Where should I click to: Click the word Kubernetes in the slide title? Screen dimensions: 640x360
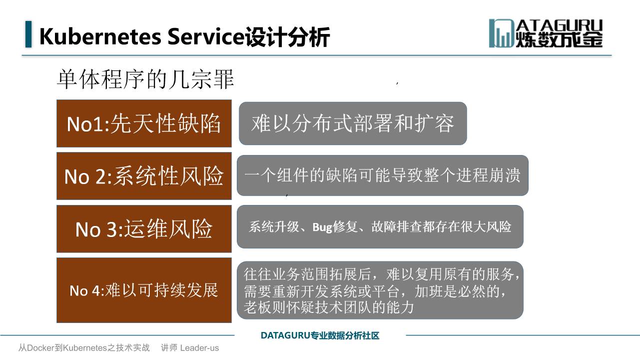pos(100,36)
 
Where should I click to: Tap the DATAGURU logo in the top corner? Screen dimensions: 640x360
pos(546,33)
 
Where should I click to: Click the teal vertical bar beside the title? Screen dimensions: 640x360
pos(28,34)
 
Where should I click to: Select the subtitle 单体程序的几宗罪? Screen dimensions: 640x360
pos(145,79)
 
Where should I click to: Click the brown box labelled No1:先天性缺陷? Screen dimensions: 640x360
pos(144,123)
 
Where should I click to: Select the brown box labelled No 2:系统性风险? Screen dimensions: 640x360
pos(144,176)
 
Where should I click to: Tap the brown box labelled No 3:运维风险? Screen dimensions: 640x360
pos(144,229)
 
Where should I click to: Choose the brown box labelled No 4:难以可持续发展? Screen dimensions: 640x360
pos(144,290)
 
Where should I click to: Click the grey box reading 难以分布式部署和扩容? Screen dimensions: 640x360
pos(353,123)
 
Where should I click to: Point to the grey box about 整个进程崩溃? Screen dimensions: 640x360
pos(383,175)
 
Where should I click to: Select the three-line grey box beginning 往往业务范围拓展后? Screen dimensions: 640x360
pos(380,290)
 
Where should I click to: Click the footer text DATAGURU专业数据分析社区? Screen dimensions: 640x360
pos(320,335)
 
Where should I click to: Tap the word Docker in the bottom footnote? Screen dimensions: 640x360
pos(40,347)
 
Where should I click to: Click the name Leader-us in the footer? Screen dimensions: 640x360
pos(200,348)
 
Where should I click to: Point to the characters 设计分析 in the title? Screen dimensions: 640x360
pos(287,36)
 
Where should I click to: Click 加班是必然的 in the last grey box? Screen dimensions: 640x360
pos(457,291)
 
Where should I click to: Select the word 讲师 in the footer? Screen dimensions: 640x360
pos(169,347)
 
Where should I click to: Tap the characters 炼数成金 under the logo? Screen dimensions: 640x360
pos(559,39)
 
